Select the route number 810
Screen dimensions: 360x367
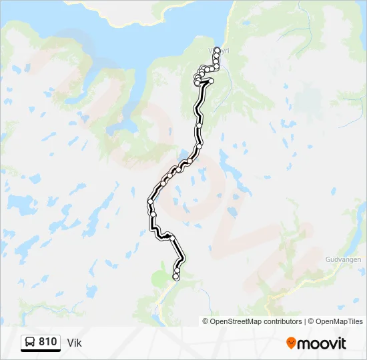[x=47, y=342]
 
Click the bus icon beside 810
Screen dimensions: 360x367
[x=30, y=343]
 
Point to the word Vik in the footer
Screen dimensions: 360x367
[x=74, y=343]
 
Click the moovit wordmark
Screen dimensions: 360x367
[x=322, y=343]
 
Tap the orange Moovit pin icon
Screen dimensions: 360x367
[x=291, y=343]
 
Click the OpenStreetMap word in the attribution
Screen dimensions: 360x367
[x=236, y=321]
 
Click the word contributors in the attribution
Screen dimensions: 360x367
[x=283, y=321]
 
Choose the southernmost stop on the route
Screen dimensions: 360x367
[x=176, y=277]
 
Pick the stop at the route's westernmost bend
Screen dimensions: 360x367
[x=151, y=201]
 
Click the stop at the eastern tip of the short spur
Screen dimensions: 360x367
[x=211, y=81]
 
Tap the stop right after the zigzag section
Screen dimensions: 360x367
[x=172, y=238]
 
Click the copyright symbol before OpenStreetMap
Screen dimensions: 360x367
[x=206, y=321]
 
